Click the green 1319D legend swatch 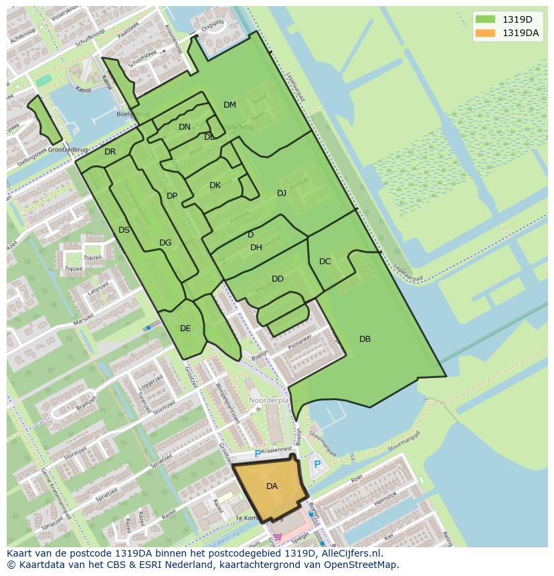pos(485,19)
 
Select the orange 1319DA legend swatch pos(485,33)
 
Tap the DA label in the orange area pos(272,486)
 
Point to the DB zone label pos(365,339)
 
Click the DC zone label pos(325,262)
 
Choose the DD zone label pos(278,279)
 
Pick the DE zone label pos(185,328)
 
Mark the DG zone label pos(165,243)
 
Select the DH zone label pos(256,248)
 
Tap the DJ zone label pos(282,193)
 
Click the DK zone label pos(215,185)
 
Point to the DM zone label pos(229,105)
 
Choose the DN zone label pos(185,127)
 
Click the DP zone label pos(172,196)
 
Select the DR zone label pos(110,152)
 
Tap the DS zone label pos(124,230)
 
